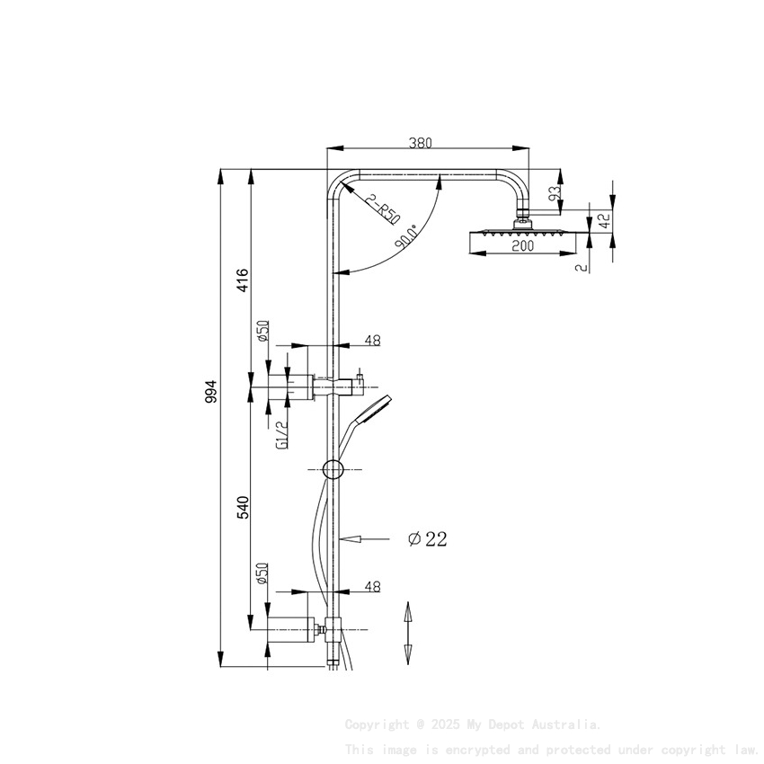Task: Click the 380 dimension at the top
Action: point(421,142)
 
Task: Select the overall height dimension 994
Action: point(212,392)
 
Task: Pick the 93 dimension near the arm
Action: point(555,192)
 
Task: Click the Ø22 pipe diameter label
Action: point(427,539)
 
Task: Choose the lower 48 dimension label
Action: point(372,587)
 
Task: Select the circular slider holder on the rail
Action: point(333,469)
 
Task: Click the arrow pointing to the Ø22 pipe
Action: point(369,539)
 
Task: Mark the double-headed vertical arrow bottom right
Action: point(407,633)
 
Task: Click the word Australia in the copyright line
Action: point(567,724)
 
